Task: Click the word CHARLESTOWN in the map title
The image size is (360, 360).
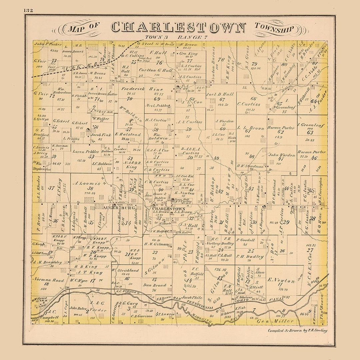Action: click(178, 27)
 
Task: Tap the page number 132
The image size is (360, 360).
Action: click(28, 10)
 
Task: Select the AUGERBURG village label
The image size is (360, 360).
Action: click(116, 208)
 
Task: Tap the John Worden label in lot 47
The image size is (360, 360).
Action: click(282, 155)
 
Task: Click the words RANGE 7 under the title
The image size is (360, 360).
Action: click(192, 37)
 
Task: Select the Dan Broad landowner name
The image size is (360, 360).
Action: click(154, 285)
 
